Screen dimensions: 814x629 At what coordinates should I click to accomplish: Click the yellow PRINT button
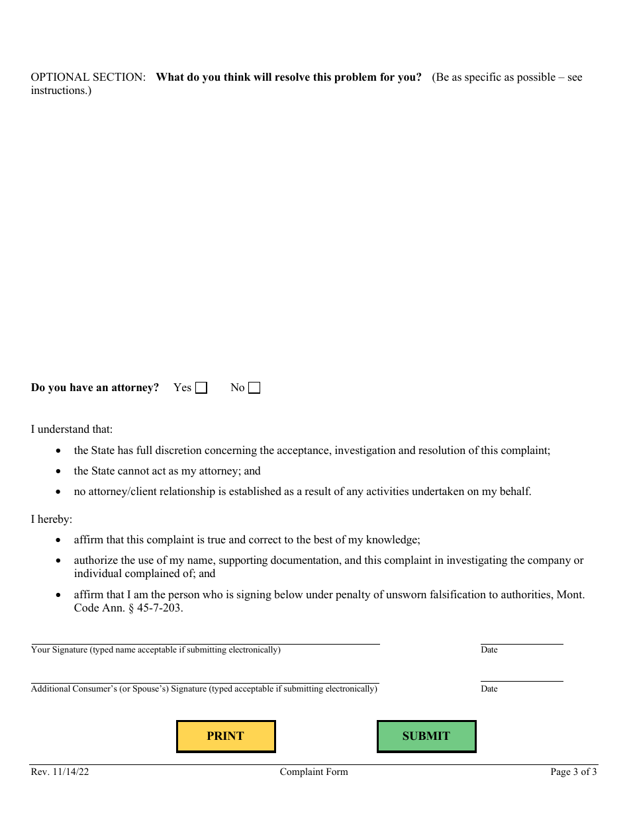click(226, 736)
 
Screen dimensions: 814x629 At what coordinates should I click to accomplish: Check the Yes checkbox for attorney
click(201, 388)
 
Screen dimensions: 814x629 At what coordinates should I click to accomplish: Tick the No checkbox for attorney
click(254, 388)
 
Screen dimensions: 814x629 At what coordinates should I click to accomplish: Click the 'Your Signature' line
click(205, 638)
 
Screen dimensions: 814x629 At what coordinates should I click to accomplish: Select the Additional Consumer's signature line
click(205, 677)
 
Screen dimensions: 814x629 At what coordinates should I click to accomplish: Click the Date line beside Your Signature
click(522, 638)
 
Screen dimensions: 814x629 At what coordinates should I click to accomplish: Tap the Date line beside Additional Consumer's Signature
click(522, 676)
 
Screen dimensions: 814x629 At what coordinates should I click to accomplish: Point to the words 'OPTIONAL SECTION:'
click(88, 77)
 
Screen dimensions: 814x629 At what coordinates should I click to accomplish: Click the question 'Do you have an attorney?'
click(95, 388)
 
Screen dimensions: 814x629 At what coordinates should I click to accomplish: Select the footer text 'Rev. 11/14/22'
click(60, 772)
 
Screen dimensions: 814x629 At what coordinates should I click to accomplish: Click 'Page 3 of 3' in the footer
click(573, 772)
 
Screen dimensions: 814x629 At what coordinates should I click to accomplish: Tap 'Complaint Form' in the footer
click(314, 772)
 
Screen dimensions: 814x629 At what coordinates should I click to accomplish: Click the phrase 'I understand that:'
click(72, 430)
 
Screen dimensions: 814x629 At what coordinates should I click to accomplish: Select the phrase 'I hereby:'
click(52, 520)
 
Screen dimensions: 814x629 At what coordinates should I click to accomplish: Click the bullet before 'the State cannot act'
click(60, 472)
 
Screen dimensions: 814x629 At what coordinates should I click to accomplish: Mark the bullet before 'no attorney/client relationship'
click(60, 492)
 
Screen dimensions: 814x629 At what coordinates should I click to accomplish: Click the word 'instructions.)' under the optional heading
click(61, 91)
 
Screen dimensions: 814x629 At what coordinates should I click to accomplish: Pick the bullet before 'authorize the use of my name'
click(60, 561)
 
